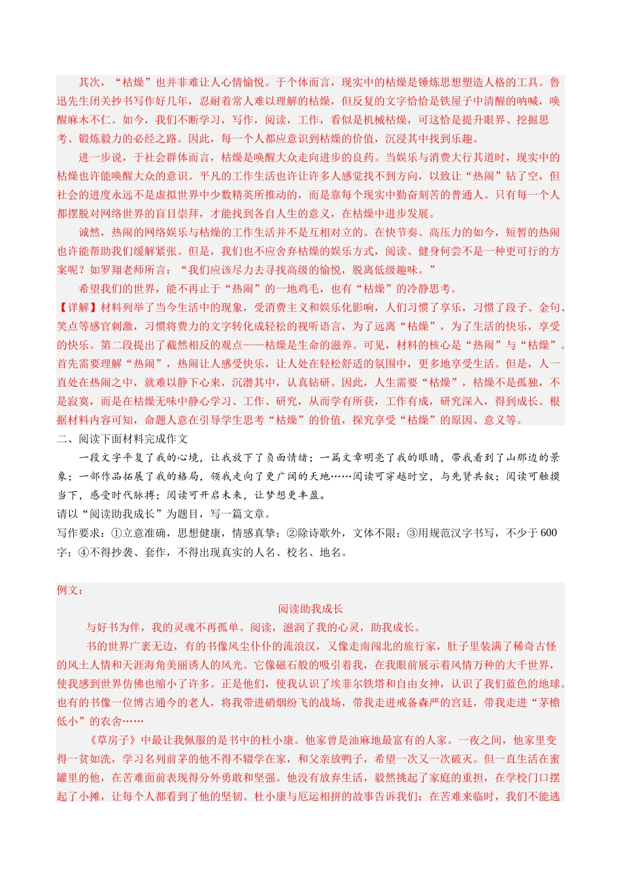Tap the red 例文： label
coord(70,590)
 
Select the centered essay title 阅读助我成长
coord(310,609)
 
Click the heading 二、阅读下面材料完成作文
coord(122,439)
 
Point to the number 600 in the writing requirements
coord(548,533)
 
